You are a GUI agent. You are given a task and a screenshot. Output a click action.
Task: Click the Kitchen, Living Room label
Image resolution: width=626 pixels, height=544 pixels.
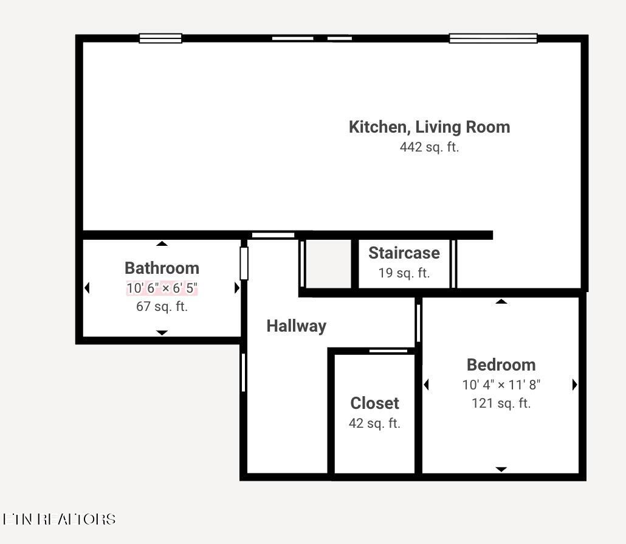point(429,127)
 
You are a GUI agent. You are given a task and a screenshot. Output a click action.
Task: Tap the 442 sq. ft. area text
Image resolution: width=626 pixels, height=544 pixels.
point(429,147)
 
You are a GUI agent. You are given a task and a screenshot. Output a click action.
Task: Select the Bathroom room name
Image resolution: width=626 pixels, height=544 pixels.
point(162,268)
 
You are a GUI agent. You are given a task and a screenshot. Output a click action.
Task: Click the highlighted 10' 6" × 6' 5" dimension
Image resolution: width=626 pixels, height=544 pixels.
point(162,288)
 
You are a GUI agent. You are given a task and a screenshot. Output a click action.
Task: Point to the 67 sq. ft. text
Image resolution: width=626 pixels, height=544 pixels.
point(162,307)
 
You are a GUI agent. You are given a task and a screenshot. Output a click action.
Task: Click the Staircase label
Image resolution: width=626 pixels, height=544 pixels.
point(404,253)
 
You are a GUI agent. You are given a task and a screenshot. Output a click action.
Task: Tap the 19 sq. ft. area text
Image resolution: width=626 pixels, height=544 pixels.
point(404,273)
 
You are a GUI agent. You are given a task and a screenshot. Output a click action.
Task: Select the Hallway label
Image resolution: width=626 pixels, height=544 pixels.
point(297,326)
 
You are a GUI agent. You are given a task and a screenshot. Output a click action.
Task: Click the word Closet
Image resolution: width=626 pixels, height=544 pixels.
point(374,403)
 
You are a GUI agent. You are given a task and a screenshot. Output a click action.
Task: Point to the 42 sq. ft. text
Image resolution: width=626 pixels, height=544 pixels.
point(374,424)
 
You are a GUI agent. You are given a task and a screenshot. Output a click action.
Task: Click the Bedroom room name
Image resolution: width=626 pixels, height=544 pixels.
point(501,365)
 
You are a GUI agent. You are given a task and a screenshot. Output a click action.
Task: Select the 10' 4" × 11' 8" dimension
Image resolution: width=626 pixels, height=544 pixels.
point(501,385)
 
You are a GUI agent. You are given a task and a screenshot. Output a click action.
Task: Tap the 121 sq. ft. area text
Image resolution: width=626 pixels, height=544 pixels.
point(501,403)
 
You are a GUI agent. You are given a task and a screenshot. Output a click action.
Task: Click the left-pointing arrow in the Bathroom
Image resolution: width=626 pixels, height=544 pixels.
point(87,288)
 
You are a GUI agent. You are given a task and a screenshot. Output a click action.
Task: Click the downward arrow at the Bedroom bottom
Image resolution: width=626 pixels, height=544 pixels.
point(501,469)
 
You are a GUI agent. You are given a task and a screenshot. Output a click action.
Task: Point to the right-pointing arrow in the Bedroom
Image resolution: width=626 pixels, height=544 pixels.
point(574,385)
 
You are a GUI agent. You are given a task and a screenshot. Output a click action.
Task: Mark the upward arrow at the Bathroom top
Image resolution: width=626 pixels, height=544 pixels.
point(162,243)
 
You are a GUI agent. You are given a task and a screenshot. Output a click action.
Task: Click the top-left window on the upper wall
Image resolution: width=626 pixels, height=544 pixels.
point(160,38)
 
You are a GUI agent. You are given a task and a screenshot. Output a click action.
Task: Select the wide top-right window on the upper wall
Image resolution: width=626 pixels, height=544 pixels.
point(493,38)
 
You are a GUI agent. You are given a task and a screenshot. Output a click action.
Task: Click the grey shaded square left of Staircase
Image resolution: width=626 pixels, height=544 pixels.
point(328,263)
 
